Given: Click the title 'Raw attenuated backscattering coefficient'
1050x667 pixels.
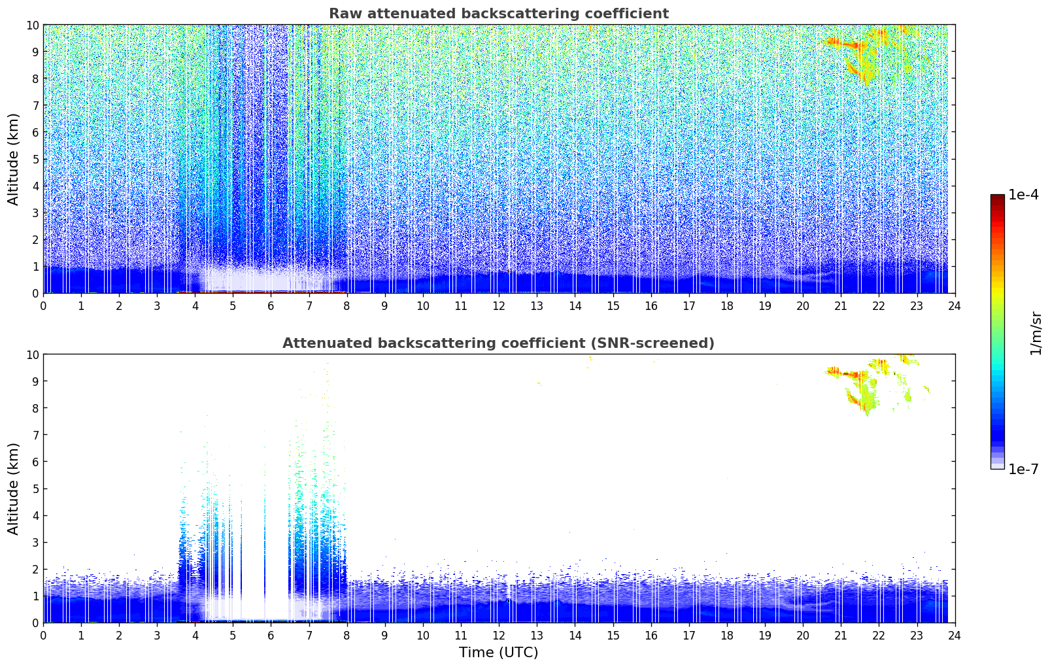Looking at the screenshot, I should pos(498,14).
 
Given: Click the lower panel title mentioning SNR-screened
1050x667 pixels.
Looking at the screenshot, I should pos(498,343).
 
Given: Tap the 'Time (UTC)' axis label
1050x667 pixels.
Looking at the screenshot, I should pos(498,652).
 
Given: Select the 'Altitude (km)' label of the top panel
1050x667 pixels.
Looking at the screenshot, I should pos(14,159).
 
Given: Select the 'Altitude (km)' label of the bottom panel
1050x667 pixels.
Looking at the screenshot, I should pos(14,488).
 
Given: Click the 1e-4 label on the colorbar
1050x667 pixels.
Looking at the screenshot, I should pos(1023,195).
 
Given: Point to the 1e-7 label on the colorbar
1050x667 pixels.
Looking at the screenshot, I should pos(1023,469).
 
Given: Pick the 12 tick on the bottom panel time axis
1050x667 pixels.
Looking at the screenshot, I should pos(499,635).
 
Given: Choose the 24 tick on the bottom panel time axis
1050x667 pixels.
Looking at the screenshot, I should pos(955,635).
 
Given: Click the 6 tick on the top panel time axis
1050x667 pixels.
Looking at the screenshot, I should pos(271,305).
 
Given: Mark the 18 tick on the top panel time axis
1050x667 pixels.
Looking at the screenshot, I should pos(727,305).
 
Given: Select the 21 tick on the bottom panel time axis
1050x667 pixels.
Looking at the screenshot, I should pos(841,635).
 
